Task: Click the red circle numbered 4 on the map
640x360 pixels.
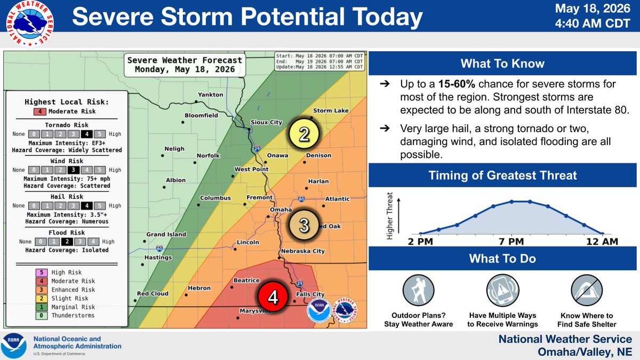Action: [273, 297]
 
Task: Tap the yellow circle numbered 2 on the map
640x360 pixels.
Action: [303, 134]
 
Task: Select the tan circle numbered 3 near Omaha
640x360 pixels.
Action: [303, 225]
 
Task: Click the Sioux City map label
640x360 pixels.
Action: [266, 122]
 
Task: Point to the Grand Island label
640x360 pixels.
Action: [166, 234]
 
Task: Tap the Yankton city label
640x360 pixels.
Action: [211, 94]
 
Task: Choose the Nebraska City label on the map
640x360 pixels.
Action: [303, 251]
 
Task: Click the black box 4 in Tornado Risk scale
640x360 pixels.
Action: [86, 134]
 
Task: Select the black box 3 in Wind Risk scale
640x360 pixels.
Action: [74, 170]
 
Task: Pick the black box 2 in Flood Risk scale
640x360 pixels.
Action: [67, 242]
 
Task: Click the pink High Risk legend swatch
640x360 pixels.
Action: [42, 273]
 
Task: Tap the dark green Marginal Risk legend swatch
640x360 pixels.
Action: [42, 307]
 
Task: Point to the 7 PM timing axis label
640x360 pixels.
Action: [511, 242]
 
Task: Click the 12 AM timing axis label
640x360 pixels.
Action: [602, 242]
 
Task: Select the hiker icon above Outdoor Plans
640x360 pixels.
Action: [418, 291]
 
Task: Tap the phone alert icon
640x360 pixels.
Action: [502, 291]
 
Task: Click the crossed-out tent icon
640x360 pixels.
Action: [587, 291]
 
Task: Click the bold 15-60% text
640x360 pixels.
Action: [457, 84]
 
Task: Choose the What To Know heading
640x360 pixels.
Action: [502, 63]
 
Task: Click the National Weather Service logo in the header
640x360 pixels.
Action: [30, 23]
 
